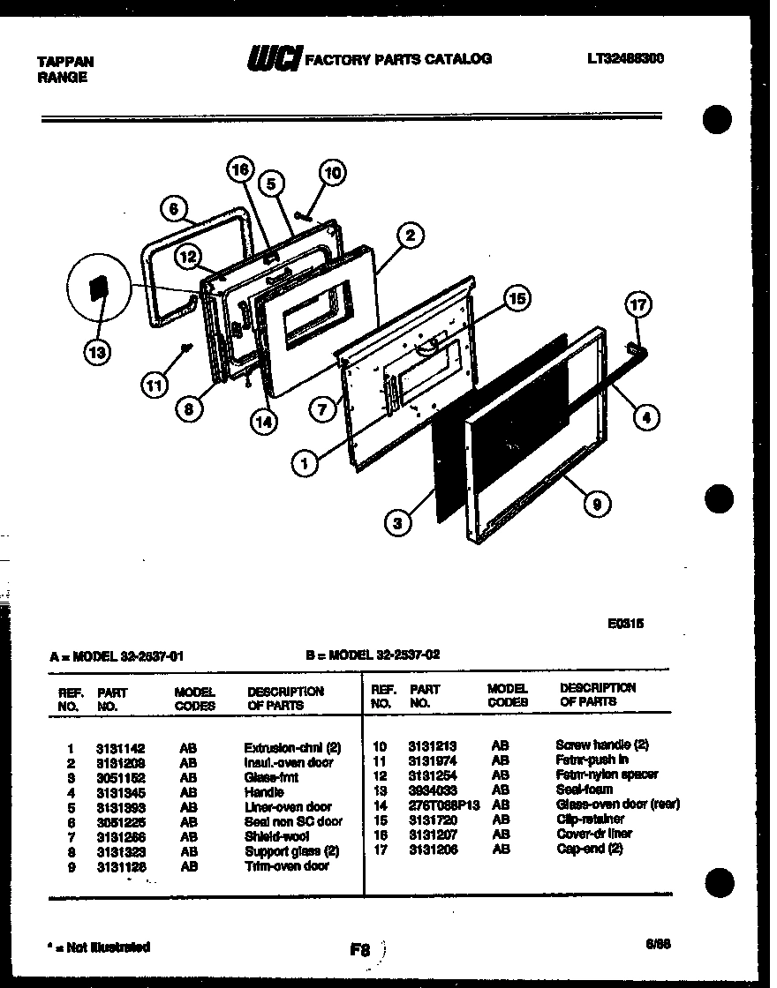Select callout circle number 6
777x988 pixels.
174,209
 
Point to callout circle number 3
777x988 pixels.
399,523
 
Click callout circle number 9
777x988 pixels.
597,504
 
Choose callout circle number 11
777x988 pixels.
155,384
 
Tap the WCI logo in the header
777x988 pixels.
274,59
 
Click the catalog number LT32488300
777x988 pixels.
624,59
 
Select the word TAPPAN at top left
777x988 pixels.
64,62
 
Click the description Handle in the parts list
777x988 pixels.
264,792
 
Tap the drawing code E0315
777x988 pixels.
625,622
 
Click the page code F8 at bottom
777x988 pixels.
359,951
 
